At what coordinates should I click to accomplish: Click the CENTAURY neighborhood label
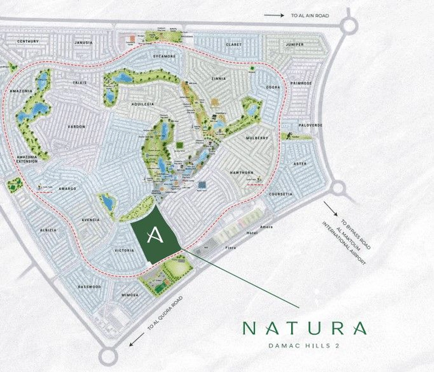28,41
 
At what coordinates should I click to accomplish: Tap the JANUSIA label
84,43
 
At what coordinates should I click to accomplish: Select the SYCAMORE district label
164,56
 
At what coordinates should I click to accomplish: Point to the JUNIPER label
295,45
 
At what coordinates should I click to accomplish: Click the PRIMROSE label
301,83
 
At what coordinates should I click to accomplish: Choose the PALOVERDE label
311,125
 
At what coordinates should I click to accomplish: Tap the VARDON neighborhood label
76,127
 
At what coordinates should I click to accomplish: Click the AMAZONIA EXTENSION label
27,159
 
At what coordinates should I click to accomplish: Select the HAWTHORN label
242,173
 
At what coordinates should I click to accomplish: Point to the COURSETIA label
281,194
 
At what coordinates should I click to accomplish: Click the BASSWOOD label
89,287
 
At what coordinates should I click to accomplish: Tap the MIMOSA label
130,295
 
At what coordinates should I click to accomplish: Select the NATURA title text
305,328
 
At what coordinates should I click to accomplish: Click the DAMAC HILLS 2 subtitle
304,346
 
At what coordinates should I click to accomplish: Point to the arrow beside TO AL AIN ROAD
274,15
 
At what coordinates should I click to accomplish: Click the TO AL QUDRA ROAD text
165,313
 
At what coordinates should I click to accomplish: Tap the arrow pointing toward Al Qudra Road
137,339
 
